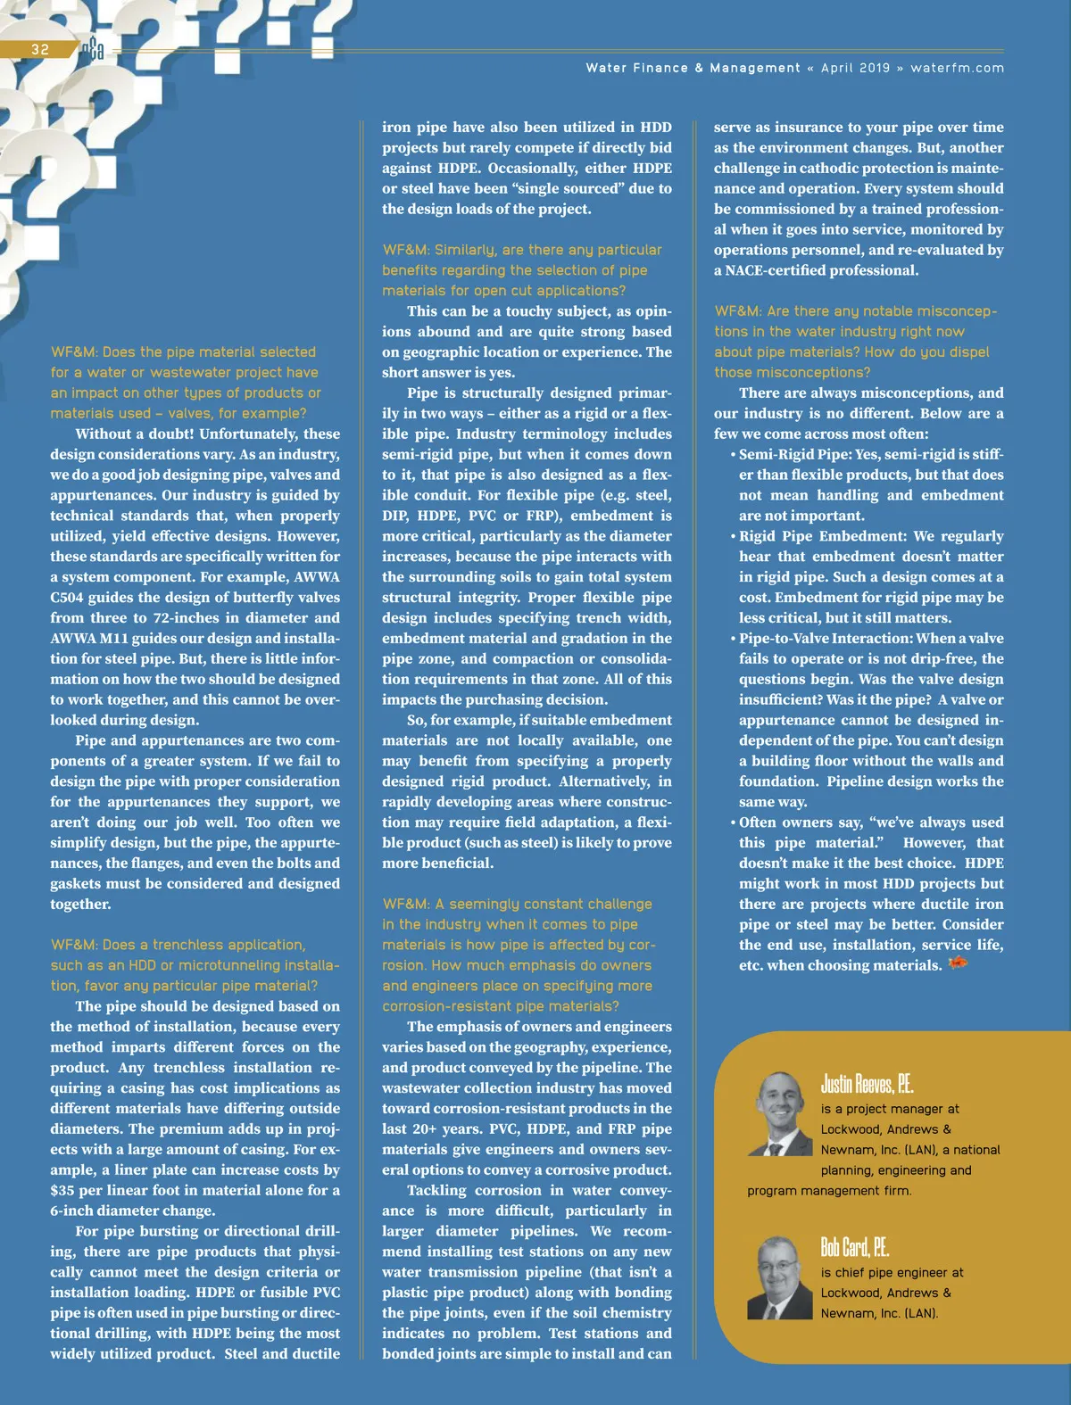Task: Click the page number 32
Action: pyautogui.click(x=40, y=49)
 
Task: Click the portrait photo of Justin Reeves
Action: pyautogui.click(x=779, y=1113)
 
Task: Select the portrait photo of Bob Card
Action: pyautogui.click(x=779, y=1277)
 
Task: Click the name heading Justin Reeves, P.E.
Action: pyautogui.click(x=867, y=1084)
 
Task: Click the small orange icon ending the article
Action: pyautogui.click(x=958, y=963)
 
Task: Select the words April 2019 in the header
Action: pyautogui.click(x=855, y=68)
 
